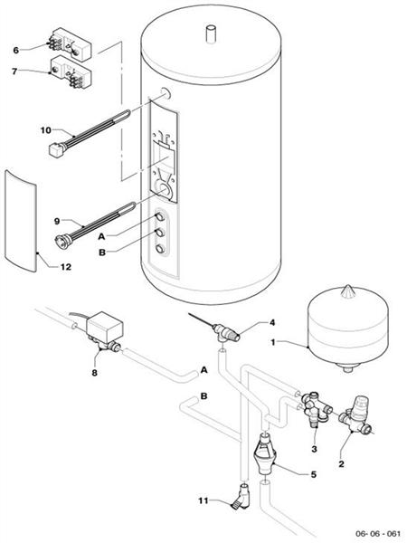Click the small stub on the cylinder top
211,35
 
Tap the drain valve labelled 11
241,496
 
